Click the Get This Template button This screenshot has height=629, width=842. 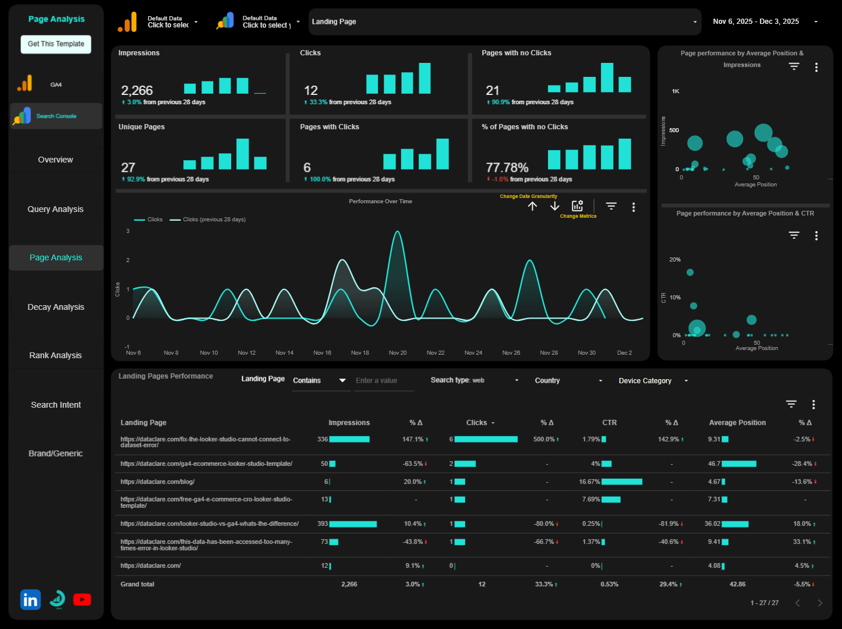(x=56, y=44)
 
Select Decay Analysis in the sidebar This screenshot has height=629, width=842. (x=56, y=307)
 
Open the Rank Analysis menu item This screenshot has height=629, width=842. (x=56, y=355)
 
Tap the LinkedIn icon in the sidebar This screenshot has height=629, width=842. (x=30, y=599)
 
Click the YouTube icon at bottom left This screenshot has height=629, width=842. (x=82, y=599)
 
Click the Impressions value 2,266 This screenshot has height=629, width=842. (x=137, y=90)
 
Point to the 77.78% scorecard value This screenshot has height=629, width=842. (x=507, y=168)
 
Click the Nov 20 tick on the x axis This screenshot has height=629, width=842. (x=398, y=353)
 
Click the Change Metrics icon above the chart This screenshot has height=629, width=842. (x=577, y=206)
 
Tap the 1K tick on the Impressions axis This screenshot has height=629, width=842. (x=675, y=91)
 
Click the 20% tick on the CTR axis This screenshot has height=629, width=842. (x=675, y=260)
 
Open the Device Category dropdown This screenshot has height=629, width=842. (x=653, y=381)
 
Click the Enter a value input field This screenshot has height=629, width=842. (x=383, y=381)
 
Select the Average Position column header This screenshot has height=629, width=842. (x=737, y=423)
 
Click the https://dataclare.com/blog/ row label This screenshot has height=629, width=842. (x=158, y=482)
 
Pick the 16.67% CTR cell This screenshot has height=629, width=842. (x=589, y=482)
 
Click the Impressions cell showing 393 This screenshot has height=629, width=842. (x=323, y=524)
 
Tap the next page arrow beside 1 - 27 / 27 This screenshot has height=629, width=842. (x=820, y=603)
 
